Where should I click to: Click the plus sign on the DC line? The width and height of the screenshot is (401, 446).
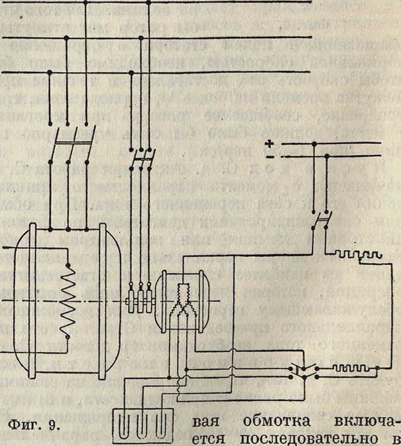click(270, 144)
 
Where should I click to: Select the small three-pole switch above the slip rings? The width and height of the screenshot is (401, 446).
click(140, 157)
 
